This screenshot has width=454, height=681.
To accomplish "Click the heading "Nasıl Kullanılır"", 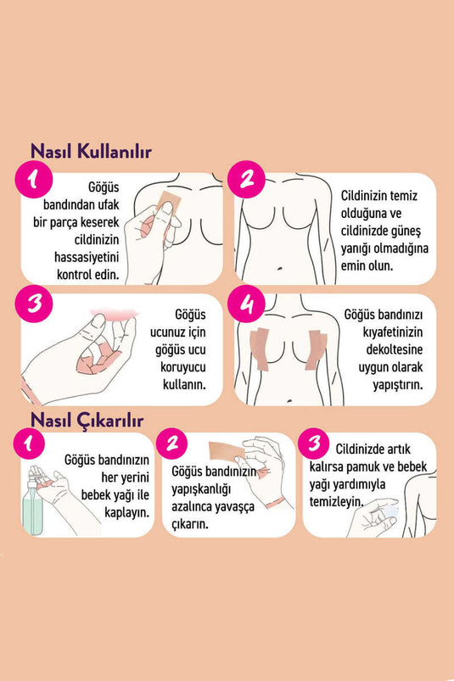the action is click(91, 152).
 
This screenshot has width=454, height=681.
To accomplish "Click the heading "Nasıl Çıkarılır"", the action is click(87, 420).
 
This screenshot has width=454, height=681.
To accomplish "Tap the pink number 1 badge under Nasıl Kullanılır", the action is click(33, 180).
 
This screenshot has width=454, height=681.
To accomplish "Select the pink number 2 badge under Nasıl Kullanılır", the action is click(246, 179).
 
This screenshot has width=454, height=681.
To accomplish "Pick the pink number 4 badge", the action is click(246, 304).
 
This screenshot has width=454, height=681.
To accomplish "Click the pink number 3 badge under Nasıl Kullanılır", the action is click(33, 304).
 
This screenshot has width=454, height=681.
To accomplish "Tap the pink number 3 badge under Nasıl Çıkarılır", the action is click(314, 444).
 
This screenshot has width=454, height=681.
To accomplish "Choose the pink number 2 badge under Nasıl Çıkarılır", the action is click(172, 444).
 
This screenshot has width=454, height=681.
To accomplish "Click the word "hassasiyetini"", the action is click(87, 257).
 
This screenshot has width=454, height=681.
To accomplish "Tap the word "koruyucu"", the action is click(183, 367).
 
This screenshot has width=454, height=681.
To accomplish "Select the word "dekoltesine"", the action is click(394, 349).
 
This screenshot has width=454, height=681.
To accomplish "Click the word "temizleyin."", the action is click(336, 501).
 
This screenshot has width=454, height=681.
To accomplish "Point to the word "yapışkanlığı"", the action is click(201, 489).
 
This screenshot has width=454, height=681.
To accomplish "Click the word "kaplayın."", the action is click(126, 512).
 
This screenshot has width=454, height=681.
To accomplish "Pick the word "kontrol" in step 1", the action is click(72, 275).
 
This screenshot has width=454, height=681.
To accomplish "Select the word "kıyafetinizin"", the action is click(393, 332).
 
